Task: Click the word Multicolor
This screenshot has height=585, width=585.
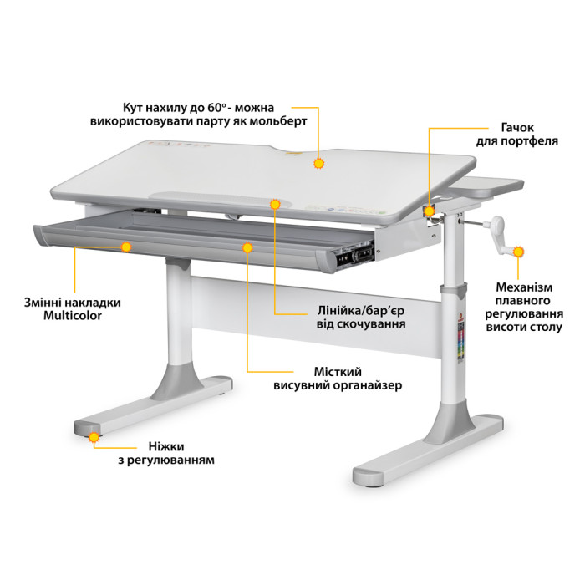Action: (73, 316)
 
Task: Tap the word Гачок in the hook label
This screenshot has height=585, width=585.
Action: (517, 128)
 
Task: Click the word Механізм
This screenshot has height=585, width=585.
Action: (524, 287)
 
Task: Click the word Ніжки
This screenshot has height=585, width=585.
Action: (166, 446)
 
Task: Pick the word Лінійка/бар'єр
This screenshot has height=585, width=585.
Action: (360, 311)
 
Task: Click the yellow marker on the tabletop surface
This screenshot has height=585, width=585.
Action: (318, 164)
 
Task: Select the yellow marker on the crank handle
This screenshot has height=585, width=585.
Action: (518, 252)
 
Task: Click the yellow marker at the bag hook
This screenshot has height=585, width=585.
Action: (430, 211)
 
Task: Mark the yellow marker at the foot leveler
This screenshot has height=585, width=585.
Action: (94, 437)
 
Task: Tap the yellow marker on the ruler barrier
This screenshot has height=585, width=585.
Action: (275, 205)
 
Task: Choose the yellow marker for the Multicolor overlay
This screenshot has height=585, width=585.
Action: (126, 247)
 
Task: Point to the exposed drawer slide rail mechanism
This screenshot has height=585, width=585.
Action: (354, 256)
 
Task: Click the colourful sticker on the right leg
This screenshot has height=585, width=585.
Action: (460, 341)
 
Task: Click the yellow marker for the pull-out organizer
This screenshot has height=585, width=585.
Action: (247, 247)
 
